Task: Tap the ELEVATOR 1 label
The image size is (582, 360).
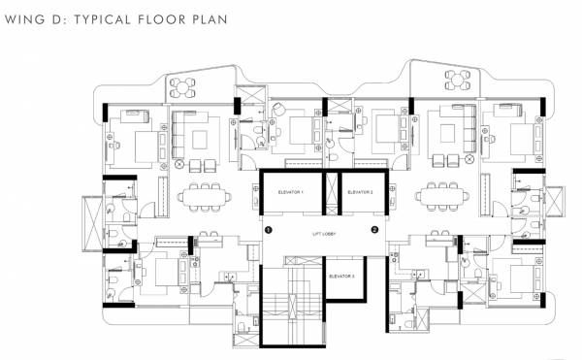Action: (291, 192)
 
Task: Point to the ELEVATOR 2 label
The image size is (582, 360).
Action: (361, 192)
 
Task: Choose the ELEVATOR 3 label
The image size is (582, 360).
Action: (341, 277)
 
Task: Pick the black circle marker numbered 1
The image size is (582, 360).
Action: (270, 230)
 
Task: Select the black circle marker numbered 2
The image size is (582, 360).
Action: (374, 230)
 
